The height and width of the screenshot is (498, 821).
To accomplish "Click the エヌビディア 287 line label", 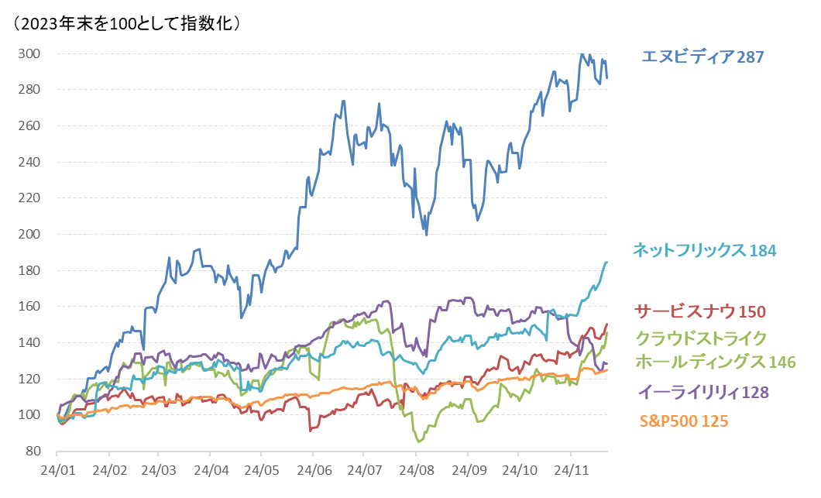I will pyautogui.click(x=702, y=57).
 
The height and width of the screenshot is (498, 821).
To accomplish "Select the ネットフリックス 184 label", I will pyautogui.click(x=704, y=250).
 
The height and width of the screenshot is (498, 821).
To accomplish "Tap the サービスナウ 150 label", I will pyautogui.click(x=700, y=311).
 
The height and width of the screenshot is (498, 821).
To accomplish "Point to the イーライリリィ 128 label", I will pyautogui.click(x=703, y=392).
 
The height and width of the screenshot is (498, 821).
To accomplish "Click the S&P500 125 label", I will pyautogui.click(x=684, y=421).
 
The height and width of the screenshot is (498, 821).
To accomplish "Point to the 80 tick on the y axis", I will pyautogui.click(x=33, y=452).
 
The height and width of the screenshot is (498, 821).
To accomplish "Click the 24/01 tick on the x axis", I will pyautogui.click(x=58, y=470).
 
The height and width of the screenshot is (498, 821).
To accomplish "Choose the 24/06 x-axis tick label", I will pyautogui.click(x=314, y=470).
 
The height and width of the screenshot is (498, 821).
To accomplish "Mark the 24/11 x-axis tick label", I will pyautogui.click(x=570, y=470).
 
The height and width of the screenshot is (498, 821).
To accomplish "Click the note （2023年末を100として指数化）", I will pyautogui.click(x=129, y=23).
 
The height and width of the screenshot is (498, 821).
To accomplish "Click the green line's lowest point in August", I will pyautogui.click(x=420, y=441).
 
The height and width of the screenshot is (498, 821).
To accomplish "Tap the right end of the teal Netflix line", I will pyautogui.click(x=607, y=263).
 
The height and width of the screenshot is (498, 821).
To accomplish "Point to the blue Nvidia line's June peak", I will pyautogui.click(x=342, y=101).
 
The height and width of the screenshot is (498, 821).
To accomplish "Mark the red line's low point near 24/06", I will pyautogui.click(x=310, y=430).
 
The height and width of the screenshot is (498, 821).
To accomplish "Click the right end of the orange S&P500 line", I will pyautogui.click(x=607, y=369).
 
